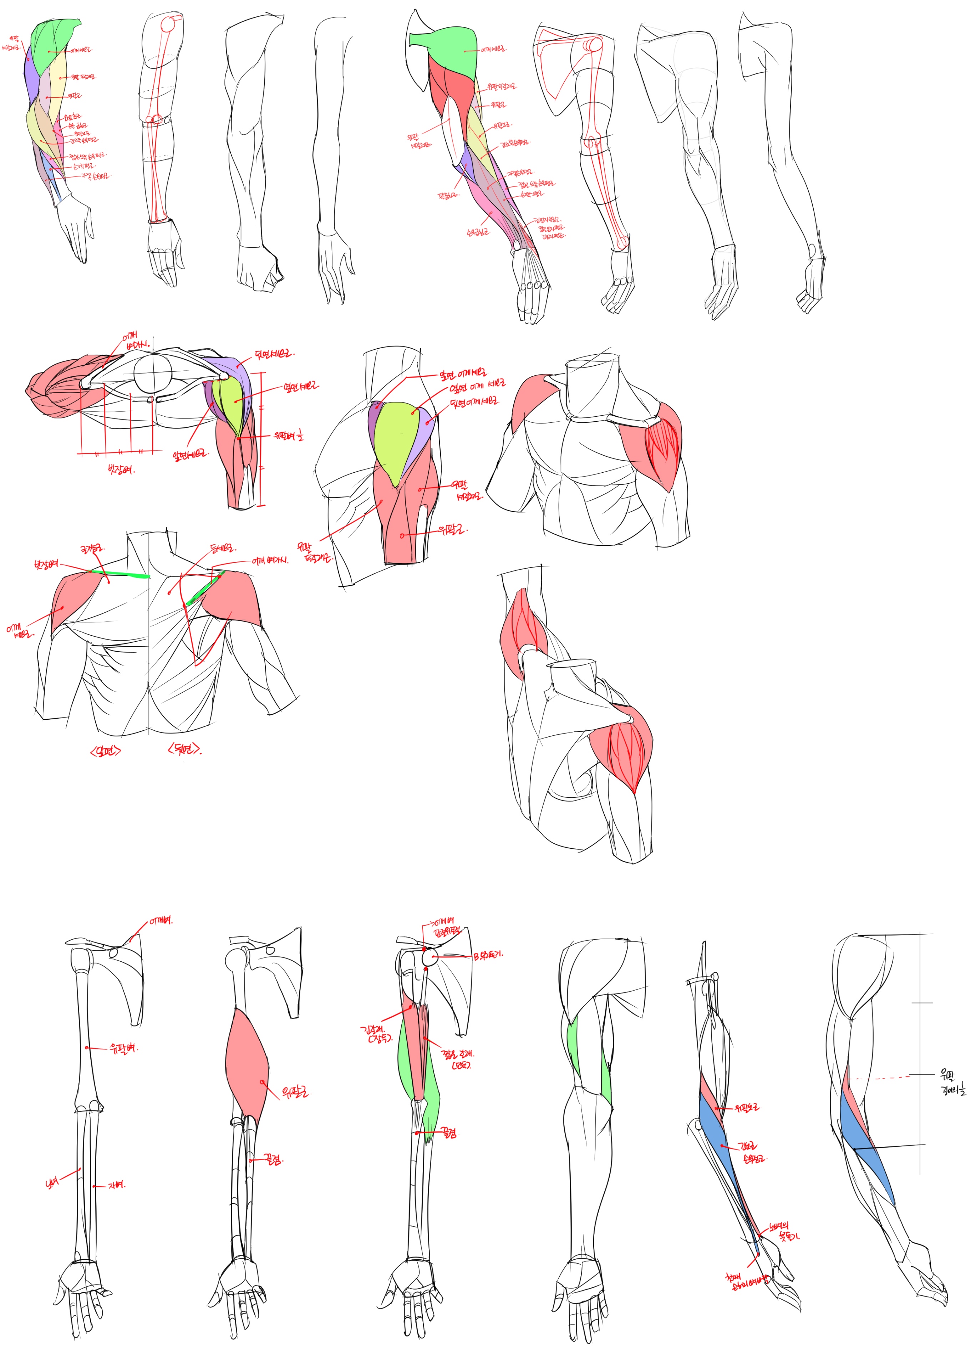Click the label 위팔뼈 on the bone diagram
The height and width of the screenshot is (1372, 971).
click(123, 1048)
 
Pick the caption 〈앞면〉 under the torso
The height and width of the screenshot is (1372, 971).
click(105, 751)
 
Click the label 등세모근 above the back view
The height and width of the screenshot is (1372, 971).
click(223, 548)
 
